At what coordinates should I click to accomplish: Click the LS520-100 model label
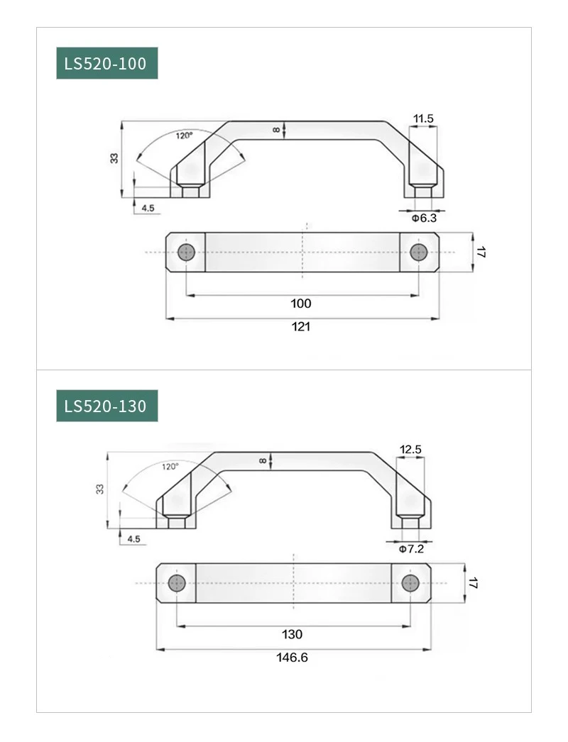pyautogui.click(x=105, y=63)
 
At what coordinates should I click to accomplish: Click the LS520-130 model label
pyautogui.click(x=105, y=406)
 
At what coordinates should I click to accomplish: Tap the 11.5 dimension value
pyautogui.click(x=423, y=118)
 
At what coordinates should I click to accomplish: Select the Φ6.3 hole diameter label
pyautogui.click(x=424, y=218)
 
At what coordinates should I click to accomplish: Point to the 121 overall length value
pyautogui.click(x=301, y=326)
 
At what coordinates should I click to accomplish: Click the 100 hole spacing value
pyautogui.click(x=301, y=304)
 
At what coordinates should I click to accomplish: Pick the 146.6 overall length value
pyautogui.click(x=293, y=658)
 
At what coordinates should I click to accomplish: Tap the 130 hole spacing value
pyautogui.click(x=293, y=634)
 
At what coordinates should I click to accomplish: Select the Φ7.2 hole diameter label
pyautogui.click(x=411, y=549)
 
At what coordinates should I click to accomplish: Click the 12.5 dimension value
pyautogui.click(x=410, y=450)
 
